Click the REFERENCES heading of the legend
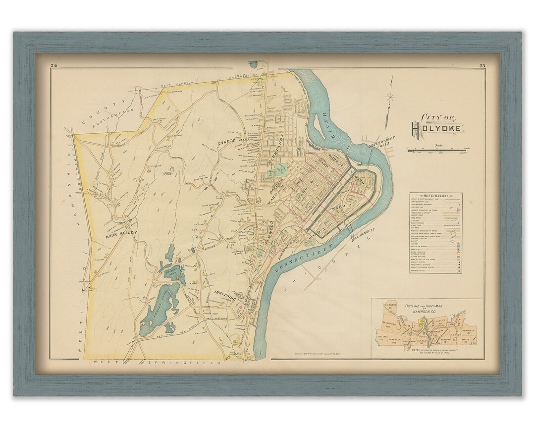click(x=436, y=196)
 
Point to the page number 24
click(x=54, y=66)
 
